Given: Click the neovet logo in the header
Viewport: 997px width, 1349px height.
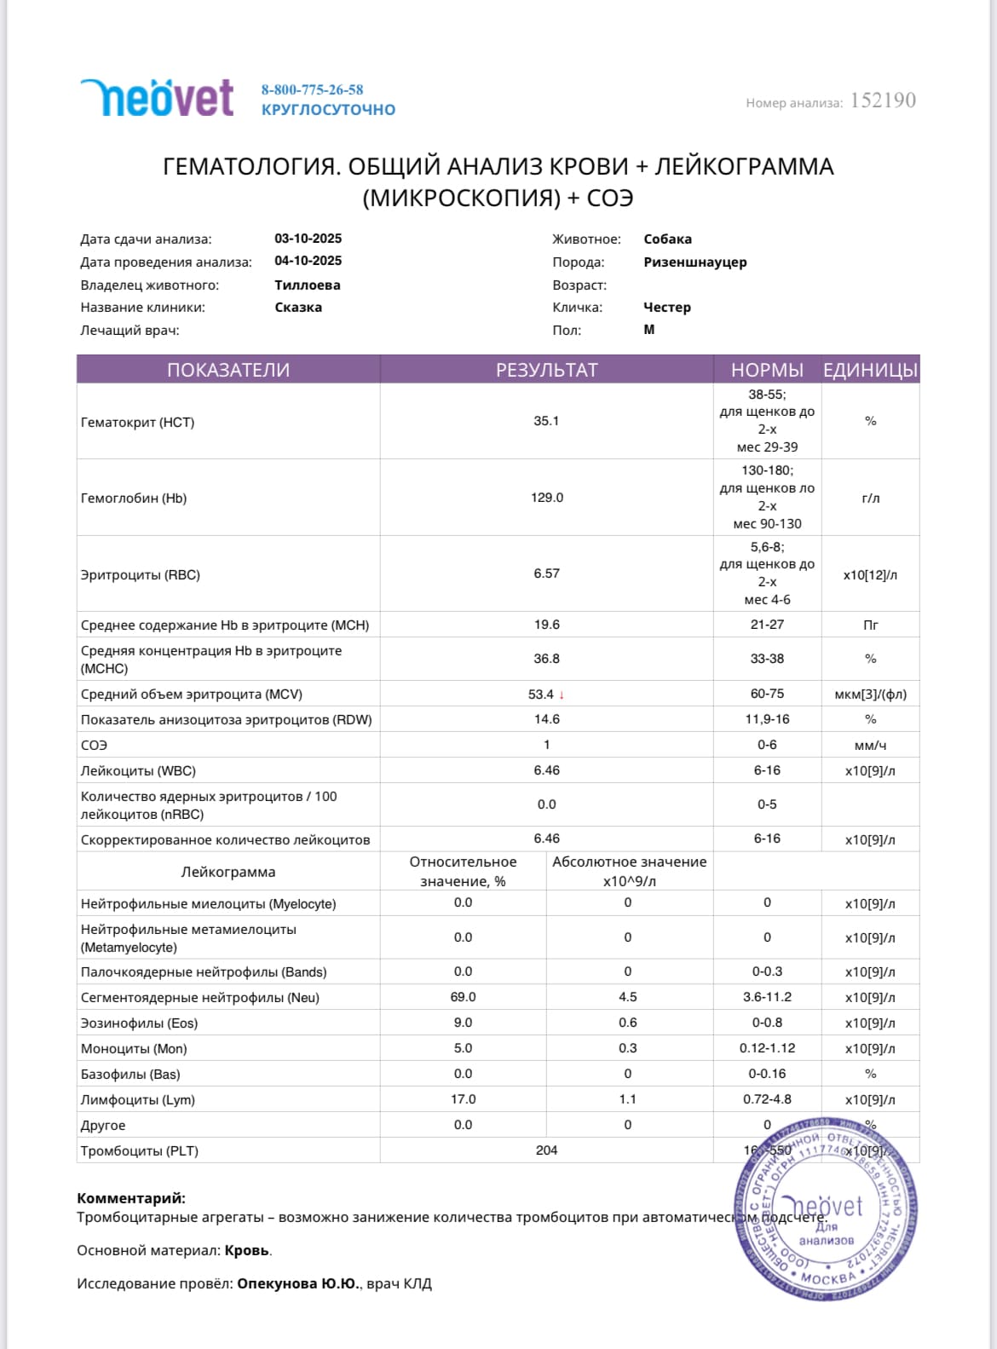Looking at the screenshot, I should [x=157, y=98].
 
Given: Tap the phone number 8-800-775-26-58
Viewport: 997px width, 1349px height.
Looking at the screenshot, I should [x=312, y=89].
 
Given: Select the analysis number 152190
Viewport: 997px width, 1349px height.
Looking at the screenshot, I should [x=883, y=101].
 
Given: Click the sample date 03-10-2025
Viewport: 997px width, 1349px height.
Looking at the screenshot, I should [x=308, y=239].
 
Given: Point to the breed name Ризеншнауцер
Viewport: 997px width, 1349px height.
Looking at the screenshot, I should [x=694, y=262].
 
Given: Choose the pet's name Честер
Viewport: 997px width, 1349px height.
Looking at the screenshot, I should [x=667, y=307].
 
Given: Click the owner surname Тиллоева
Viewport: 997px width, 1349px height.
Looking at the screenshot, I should [x=307, y=285].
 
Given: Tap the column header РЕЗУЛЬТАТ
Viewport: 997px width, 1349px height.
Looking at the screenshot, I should [x=546, y=370].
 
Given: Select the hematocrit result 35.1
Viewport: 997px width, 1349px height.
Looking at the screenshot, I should [x=546, y=421].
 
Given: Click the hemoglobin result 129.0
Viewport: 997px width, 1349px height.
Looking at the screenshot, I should [x=546, y=498].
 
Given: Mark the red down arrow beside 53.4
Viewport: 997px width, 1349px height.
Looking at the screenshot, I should [x=562, y=695].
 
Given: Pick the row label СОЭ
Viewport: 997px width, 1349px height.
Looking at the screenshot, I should [x=94, y=745].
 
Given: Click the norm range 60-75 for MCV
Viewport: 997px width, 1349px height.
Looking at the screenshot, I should [x=767, y=694].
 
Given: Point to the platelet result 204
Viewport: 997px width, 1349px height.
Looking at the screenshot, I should [x=546, y=1150].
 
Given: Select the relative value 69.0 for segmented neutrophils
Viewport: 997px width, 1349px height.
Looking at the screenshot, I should [x=463, y=997].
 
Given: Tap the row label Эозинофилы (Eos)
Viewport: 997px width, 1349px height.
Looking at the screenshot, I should [x=139, y=1023].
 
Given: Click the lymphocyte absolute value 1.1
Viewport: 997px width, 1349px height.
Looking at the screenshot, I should [x=627, y=1099].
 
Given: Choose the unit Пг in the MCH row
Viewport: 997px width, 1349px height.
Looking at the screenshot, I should [x=870, y=625].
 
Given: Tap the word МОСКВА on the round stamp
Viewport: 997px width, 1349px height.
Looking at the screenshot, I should [x=827, y=1277].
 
